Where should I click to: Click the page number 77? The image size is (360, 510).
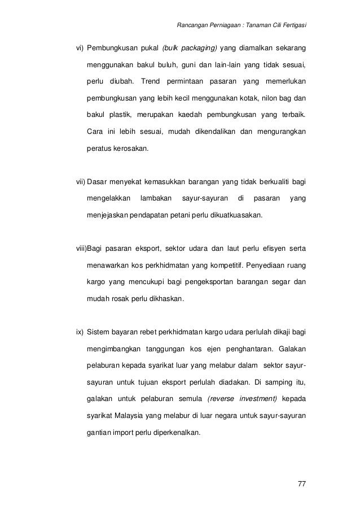point(300,484)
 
